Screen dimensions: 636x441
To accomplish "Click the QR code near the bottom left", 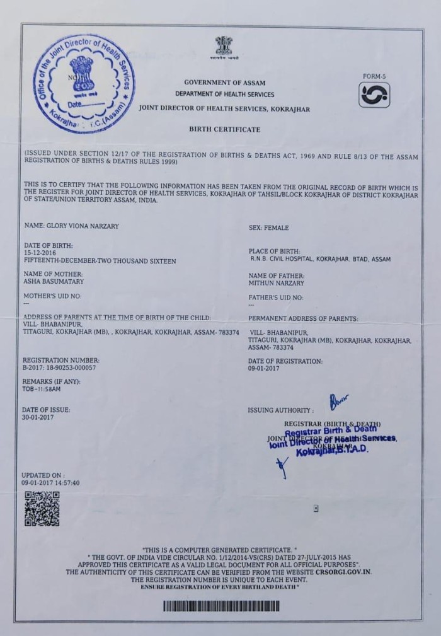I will pyautogui.click(x=42, y=509).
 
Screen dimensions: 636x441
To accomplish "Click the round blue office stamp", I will pyautogui.click(x=83, y=83).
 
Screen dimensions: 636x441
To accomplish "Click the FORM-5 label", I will pyautogui.click(x=374, y=76).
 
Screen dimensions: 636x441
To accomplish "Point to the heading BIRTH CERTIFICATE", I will pyautogui.click(x=224, y=129).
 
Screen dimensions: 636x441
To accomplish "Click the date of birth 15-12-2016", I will pyautogui.click(x=40, y=253).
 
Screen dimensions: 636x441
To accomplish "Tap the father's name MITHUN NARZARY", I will pyautogui.click(x=277, y=283).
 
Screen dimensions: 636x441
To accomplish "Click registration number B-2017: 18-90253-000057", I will pyautogui.click(x=60, y=366).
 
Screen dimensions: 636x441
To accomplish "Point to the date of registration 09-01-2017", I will pyautogui.click(x=264, y=368).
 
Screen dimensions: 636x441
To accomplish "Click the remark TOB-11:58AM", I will pyautogui.click(x=42, y=389).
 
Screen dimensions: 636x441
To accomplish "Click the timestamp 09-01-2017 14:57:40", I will pyautogui.click(x=50, y=483).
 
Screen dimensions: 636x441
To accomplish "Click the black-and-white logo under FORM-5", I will pyautogui.click(x=374, y=95).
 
